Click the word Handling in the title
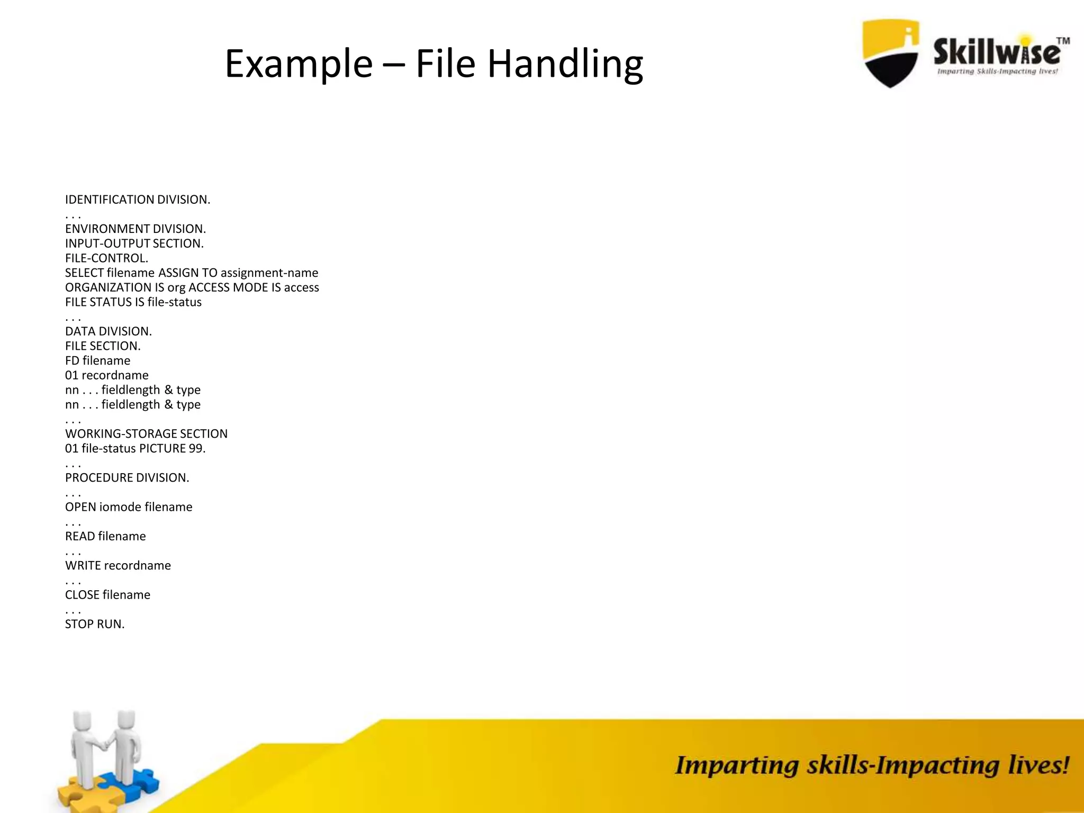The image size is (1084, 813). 565,64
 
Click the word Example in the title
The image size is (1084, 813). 299,64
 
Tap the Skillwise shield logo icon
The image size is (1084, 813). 891,53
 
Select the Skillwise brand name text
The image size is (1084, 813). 997,52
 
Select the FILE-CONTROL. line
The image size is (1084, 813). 106,258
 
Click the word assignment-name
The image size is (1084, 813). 269,273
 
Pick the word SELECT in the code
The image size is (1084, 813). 84,273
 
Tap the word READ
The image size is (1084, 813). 80,536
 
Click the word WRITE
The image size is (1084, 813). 83,565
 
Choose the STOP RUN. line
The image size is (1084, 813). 95,624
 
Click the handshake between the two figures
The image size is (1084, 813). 106,745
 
